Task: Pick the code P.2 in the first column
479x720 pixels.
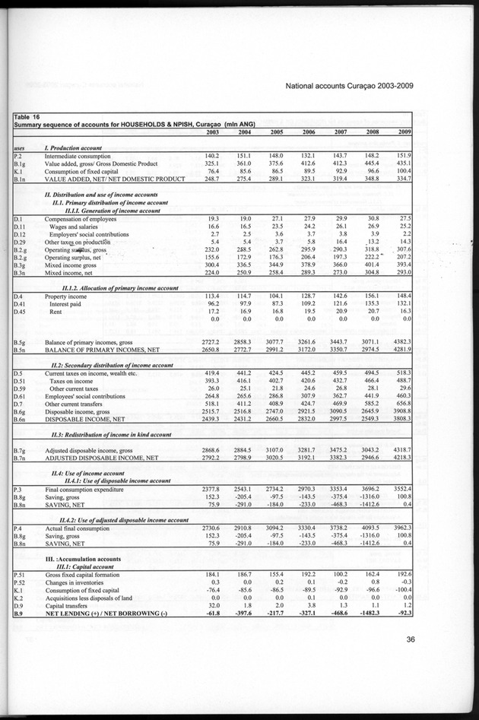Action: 18,154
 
